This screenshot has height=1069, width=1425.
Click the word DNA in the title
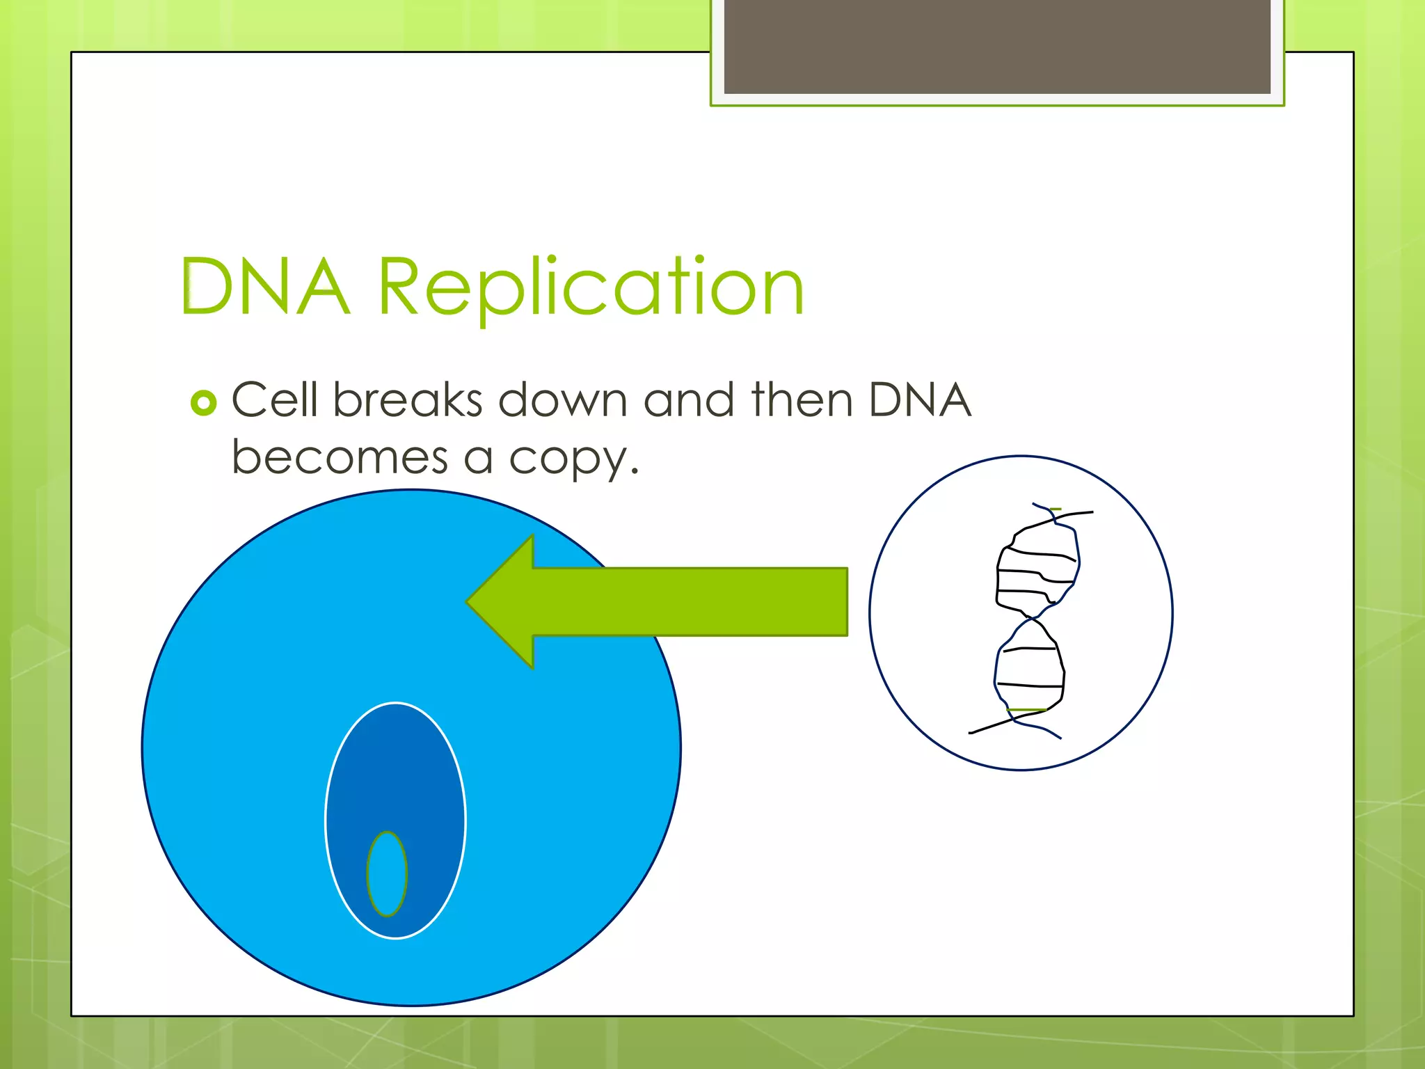pos(264,287)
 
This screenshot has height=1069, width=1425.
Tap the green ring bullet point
pos(203,403)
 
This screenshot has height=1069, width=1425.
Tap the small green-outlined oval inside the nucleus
pos(387,874)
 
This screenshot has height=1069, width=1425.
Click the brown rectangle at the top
pos(997,46)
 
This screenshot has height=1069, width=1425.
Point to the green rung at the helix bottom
pos(1026,710)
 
